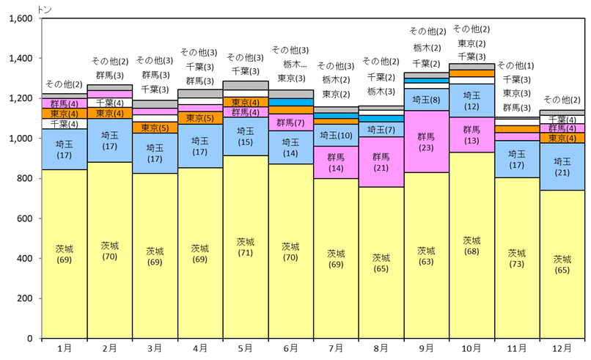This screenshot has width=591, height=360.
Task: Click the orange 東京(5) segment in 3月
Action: point(155,128)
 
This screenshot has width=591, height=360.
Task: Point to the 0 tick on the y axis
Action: point(30,339)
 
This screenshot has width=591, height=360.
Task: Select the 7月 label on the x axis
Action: point(335,348)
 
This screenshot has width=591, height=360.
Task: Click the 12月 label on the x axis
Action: point(562,348)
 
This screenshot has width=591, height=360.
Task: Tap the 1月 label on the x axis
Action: point(64,348)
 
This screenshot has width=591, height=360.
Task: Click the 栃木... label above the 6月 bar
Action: point(290,64)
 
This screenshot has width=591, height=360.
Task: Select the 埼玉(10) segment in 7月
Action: point(335,136)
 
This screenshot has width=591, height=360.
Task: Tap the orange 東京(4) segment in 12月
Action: point(562,138)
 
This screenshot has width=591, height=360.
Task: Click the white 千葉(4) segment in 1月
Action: point(64,124)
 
